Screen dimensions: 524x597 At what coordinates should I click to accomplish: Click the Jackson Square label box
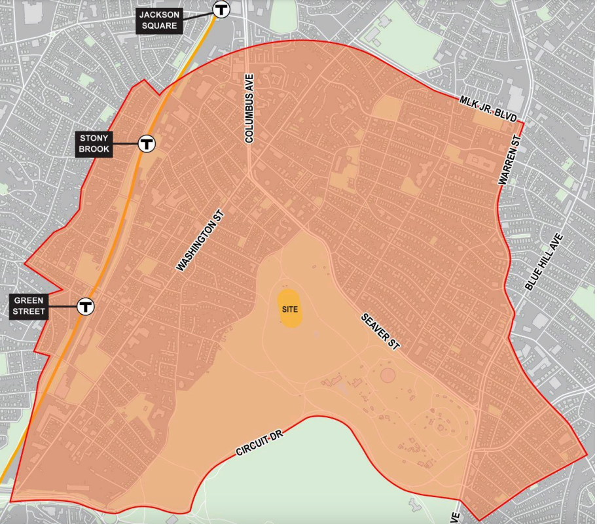(158, 20)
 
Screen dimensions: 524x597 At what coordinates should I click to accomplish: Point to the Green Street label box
(29, 306)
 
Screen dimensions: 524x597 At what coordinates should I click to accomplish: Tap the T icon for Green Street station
(85, 306)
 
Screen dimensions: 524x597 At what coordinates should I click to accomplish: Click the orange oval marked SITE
(291, 308)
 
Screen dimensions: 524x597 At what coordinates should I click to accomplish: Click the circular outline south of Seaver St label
(388, 376)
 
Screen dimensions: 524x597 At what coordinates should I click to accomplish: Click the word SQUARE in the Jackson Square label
(158, 26)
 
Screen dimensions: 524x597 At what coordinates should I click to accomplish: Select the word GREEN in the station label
(29, 301)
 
